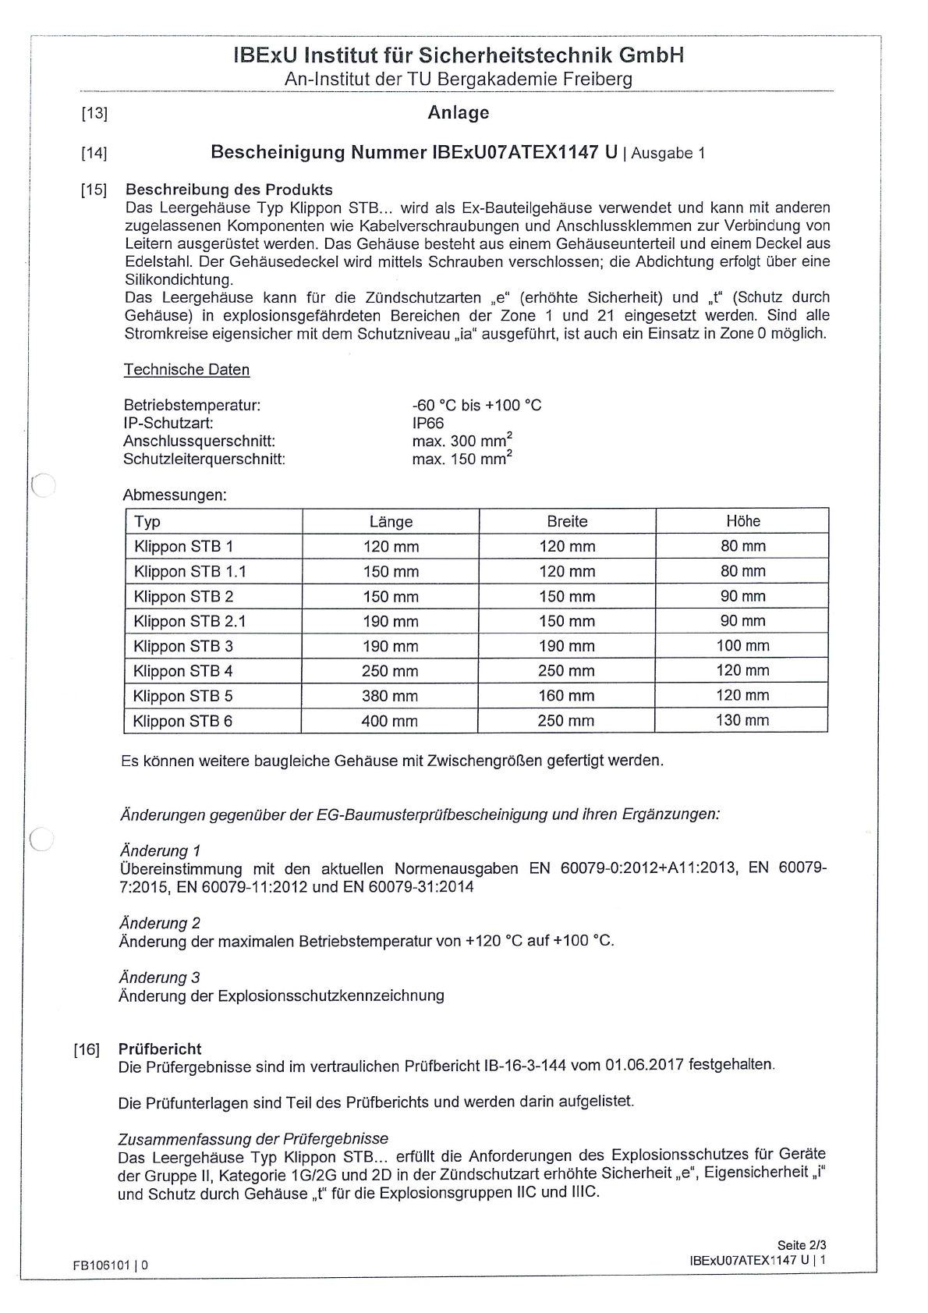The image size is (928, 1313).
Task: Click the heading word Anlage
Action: click(x=459, y=112)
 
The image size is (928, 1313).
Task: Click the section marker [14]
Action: click(x=94, y=153)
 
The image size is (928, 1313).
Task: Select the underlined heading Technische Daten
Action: click(x=186, y=370)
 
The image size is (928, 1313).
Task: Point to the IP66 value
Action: click(x=428, y=423)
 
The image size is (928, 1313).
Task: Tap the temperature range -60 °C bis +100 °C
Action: click(x=476, y=405)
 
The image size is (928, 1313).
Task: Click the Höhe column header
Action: click(x=742, y=521)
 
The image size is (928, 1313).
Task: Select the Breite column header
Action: click(x=567, y=521)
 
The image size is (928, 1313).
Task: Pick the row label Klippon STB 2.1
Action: click(x=189, y=621)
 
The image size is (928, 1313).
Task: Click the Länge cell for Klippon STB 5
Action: click(x=390, y=696)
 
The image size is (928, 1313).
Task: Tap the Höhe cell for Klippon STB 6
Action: click(x=742, y=720)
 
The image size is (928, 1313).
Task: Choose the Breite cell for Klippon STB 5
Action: click(x=566, y=696)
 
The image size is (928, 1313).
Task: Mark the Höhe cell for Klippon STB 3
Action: click(x=742, y=646)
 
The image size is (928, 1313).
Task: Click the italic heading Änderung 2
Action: click(x=159, y=923)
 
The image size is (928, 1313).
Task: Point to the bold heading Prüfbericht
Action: click(x=160, y=1049)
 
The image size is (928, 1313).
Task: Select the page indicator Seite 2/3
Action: click(x=801, y=1245)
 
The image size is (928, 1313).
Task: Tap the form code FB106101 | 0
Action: click(x=111, y=1265)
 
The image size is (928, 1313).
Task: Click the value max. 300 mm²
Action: click(x=462, y=441)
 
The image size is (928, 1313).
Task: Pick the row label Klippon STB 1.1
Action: click(x=189, y=571)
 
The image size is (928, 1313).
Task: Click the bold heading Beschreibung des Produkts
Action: click(x=229, y=190)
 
